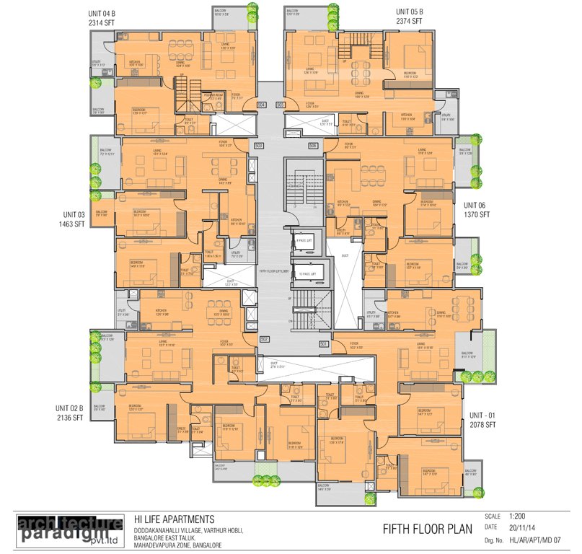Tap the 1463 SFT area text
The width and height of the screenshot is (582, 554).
(x=72, y=225)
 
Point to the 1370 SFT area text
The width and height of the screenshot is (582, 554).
(x=477, y=215)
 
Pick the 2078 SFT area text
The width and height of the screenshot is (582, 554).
(x=482, y=426)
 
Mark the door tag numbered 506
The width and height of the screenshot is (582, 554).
(x=313, y=146)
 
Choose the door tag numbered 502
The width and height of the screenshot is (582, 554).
(x=265, y=339)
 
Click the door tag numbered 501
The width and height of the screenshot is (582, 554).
(x=323, y=344)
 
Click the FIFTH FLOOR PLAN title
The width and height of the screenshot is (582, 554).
(x=427, y=529)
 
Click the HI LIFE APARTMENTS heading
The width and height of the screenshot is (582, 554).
(x=174, y=519)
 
